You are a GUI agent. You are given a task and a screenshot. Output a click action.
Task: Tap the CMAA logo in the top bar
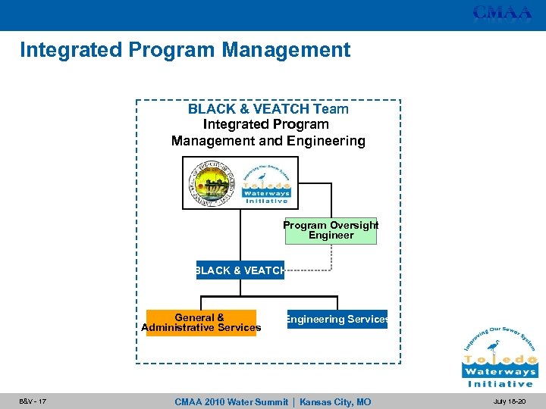tap(502, 13)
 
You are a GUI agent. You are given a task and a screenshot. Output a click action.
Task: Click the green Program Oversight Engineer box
tap(331, 230)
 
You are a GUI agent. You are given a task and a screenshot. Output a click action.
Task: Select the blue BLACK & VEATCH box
tap(240, 270)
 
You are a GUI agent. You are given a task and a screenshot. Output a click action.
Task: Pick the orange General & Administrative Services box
tap(201, 323)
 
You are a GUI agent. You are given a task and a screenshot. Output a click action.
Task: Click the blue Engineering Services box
tap(337, 320)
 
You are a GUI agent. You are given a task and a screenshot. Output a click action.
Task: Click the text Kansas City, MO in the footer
tap(335, 402)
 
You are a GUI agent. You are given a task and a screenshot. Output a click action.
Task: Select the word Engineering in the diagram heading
tap(328, 141)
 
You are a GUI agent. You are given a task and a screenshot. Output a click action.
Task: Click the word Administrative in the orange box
tap(180, 328)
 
